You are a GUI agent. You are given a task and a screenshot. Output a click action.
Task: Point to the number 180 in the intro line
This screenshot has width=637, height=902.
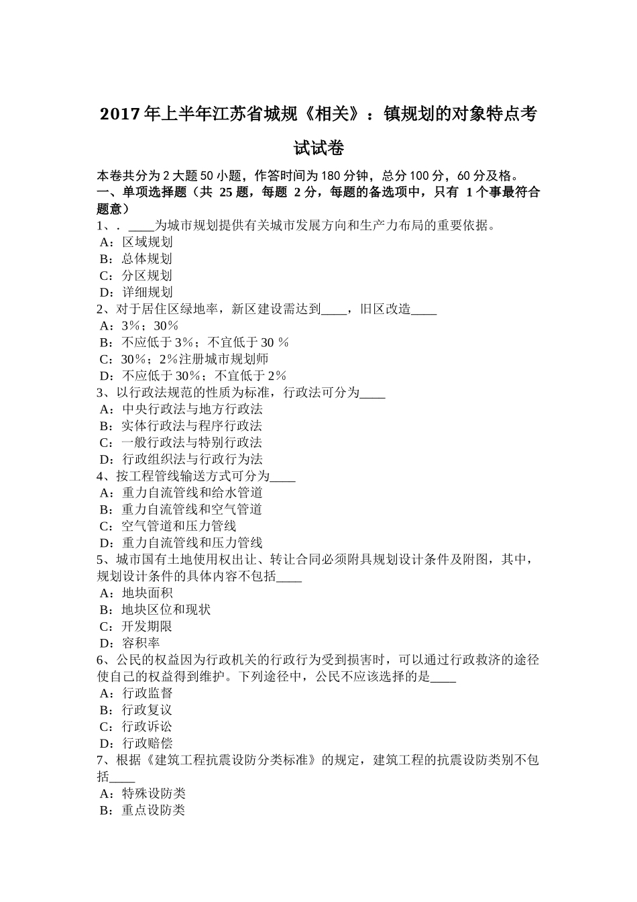330,176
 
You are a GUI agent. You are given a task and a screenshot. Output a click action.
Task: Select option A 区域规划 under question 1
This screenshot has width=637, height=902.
136,242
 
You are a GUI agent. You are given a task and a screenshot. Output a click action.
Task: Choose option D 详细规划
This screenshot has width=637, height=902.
136,293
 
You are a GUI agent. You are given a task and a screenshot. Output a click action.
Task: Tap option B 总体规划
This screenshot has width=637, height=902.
136,259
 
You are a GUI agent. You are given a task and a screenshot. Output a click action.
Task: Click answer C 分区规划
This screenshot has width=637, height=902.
136,276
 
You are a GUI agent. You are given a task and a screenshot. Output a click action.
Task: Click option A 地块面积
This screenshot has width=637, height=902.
136,593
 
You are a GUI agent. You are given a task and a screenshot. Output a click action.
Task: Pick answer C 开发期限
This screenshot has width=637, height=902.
136,627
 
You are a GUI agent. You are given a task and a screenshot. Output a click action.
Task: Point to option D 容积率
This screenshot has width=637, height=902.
130,644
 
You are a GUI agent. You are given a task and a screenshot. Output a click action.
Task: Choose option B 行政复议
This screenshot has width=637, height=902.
136,710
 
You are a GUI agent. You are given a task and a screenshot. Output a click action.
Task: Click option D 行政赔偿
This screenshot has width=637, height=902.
136,744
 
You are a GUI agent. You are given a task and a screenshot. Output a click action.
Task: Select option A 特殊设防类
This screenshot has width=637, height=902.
143,794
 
